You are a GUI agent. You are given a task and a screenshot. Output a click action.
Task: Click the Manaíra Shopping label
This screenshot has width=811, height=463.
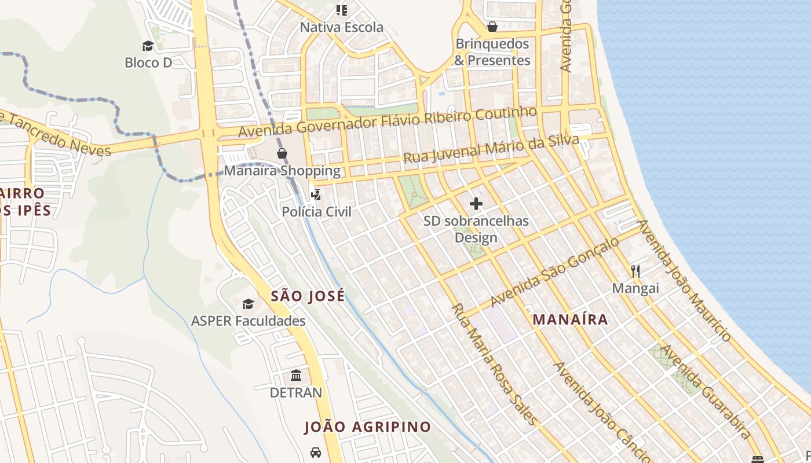(x=282, y=171)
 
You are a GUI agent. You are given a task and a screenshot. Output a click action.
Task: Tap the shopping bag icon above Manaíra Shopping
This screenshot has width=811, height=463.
(x=282, y=153)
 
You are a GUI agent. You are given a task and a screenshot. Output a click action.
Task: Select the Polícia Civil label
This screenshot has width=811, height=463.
(x=316, y=212)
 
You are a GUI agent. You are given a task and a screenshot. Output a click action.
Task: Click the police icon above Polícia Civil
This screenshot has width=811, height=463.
(x=316, y=194)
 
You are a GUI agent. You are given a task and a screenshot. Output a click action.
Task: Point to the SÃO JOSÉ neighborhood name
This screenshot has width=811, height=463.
(x=308, y=296)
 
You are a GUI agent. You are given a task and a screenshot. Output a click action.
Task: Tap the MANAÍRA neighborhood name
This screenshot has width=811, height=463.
(x=570, y=319)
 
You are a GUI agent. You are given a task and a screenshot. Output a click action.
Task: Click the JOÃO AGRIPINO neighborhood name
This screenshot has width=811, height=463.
(x=368, y=427)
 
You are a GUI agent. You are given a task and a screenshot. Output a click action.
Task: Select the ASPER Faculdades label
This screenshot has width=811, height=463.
(x=249, y=321)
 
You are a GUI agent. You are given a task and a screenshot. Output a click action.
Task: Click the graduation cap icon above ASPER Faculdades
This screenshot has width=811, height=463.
(x=248, y=304)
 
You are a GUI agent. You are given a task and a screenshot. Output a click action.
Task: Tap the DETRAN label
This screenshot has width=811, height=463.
(x=296, y=392)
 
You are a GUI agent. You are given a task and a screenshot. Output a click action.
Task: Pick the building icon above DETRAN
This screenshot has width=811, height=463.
(x=296, y=376)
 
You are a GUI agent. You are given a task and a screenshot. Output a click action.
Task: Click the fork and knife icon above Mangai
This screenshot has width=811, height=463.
(x=635, y=271)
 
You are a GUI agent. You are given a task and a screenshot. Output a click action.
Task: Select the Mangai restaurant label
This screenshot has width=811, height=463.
(x=635, y=288)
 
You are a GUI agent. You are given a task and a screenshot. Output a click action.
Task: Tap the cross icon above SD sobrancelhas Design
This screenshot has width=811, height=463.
(x=476, y=204)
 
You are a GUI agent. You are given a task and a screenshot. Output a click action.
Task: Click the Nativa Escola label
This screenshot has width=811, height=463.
(x=341, y=27)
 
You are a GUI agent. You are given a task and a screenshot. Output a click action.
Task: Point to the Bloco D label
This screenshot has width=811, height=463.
(x=148, y=63)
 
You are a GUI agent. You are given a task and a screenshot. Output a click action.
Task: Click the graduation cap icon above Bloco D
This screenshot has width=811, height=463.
(x=148, y=46)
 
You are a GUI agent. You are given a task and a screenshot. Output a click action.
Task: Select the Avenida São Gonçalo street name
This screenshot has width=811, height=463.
(x=554, y=272)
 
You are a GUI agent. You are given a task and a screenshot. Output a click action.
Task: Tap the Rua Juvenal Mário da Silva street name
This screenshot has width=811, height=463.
(x=491, y=149)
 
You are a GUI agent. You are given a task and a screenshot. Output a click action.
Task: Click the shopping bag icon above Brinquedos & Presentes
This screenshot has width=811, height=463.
(x=492, y=27)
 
